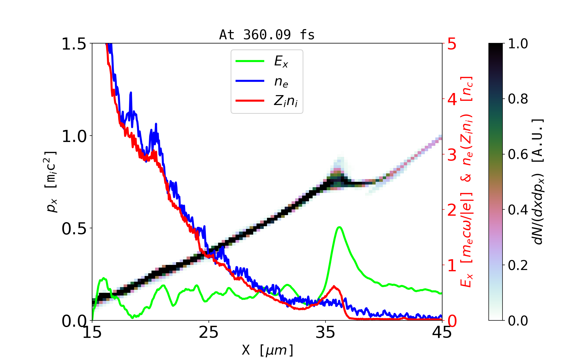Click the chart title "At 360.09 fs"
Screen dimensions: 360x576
(267, 35)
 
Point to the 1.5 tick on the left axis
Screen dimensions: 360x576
(74, 44)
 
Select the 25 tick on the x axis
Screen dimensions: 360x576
(208, 332)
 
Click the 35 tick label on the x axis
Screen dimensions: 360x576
(325, 332)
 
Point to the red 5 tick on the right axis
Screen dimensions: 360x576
(452, 44)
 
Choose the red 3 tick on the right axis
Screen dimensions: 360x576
(452, 155)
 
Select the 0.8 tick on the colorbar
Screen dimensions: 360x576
(518, 99)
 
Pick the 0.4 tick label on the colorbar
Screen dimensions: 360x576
(518, 210)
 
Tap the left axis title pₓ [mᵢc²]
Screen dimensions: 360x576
(51, 181)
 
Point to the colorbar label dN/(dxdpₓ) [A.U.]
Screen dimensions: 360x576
(539, 181)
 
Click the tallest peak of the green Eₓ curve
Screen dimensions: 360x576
(339, 227)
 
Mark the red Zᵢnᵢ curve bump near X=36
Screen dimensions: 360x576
(334, 286)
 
